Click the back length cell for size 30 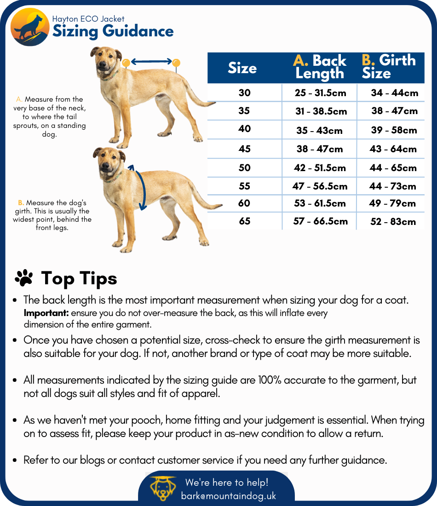coord(320,93)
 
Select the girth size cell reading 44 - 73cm coord(393,186)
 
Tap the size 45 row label coord(245,149)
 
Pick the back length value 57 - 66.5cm coord(321,221)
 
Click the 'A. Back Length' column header coord(320,67)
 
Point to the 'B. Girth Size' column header coord(389,67)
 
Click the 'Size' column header coord(242,68)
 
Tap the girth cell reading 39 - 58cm coord(394,130)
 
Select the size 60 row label coord(244,203)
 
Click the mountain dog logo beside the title coord(30,27)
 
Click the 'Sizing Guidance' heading coord(113,32)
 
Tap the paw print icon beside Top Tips coord(24,278)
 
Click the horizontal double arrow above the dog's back coord(151,61)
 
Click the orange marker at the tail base coord(176,62)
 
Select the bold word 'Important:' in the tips coord(46,313)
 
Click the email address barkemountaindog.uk coord(229,496)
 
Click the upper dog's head coord(105,59)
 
